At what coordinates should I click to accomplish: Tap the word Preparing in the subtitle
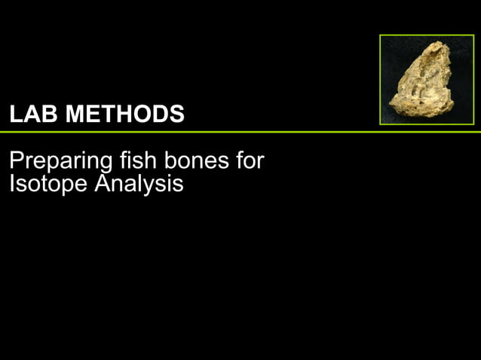(x=60, y=162)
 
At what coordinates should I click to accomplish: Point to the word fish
(x=134, y=160)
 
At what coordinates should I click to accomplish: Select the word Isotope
(x=47, y=183)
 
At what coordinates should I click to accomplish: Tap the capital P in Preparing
(x=15, y=160)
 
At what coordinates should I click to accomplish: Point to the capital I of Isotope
(x=11, y=182)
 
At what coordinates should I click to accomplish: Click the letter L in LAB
(x=15, y=114)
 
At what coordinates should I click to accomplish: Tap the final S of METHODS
(x=176, y=114)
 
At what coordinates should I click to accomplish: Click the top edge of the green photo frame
(x=426, y=35)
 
